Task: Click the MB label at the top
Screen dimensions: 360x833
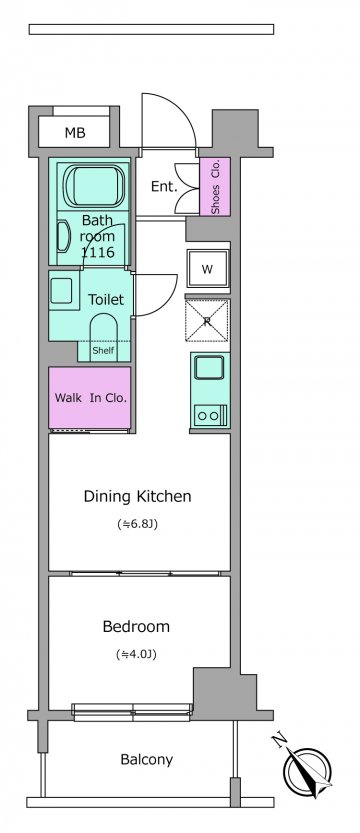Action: point(75,133)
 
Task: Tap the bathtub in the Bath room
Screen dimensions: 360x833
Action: point(94,186)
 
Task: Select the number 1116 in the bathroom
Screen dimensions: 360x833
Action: point(98,252)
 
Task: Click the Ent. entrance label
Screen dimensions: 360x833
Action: point(164,186)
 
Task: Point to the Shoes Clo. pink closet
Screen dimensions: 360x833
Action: point(215,186)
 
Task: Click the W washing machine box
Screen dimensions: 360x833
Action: point(208,269)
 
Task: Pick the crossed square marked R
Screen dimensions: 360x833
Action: point(207,320)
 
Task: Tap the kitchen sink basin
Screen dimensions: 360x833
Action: point(209,368)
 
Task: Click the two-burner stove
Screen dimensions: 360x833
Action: point(210,415)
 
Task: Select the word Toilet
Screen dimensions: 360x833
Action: point(106,299)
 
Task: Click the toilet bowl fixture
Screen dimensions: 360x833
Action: point(103,337)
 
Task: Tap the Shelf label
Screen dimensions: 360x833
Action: point(103,351)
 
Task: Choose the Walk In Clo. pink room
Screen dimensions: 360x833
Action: point(90,397)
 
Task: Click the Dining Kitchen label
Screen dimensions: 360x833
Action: point(138,497)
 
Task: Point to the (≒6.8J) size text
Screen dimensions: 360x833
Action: point(138,524)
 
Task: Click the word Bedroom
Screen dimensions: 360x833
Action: point(136,627)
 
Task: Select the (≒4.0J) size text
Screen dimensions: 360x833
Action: point(136,654)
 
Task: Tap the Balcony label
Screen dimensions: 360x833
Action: point(147,760)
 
